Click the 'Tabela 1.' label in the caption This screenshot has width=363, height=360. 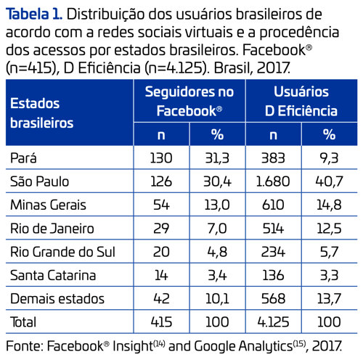click(x=32, y=13)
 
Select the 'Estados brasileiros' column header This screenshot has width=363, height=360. click(x=42, y=112)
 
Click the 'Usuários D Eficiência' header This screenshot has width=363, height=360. click(x=301, y=102)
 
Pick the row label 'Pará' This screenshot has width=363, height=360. click(x=25, y=157)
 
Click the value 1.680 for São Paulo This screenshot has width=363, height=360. click(x=273, y=181)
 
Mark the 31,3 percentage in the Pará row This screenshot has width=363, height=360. click(x=217, y=157)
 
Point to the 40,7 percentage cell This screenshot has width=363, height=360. click(x=329, y=181)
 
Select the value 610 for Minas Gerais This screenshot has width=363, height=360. click(x=273, y=205)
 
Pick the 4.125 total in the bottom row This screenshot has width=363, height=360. click(x=273, y=322)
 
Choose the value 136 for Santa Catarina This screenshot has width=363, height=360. click(x=273, y=275)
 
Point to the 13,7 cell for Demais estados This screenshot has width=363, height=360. click(x=329, y=298)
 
